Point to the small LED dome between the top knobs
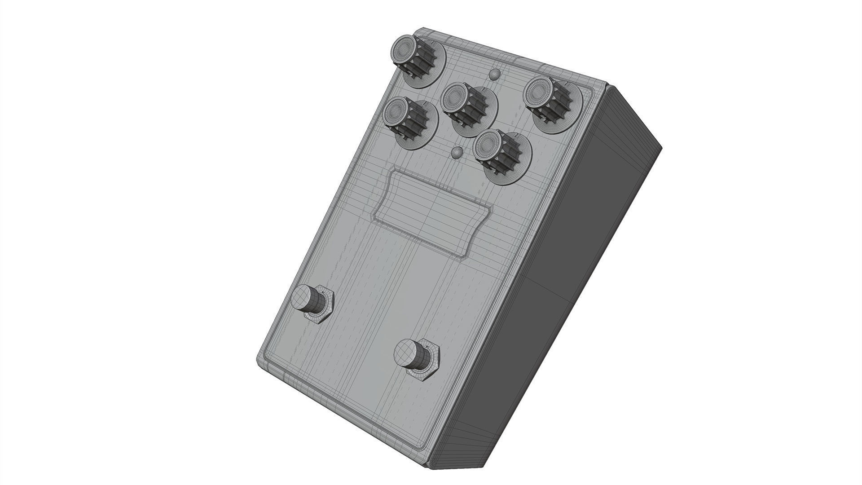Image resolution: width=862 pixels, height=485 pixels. pos(495,74)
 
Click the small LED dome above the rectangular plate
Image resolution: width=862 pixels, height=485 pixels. pos(458,153)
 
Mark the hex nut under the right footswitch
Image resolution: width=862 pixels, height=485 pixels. pos(424,369)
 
